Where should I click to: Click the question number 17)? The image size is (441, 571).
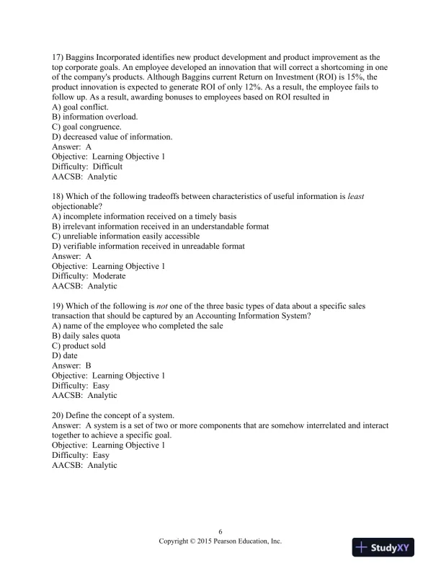coord(58,56)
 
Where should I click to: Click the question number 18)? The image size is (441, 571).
coord(58,196)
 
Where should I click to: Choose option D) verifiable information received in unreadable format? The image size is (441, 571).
coord(148,246)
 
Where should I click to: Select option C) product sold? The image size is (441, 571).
coord(79,346)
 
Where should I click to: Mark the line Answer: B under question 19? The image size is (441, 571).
coord(72,366)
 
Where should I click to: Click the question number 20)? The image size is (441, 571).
coord(58,415)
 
